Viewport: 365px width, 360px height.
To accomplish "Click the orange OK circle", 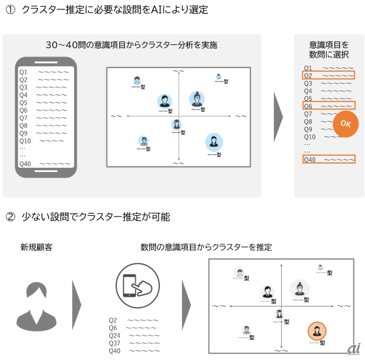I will [345, 124].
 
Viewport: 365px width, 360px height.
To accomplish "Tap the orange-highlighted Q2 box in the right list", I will [328, 76].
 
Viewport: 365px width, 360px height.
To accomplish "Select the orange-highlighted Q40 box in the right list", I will [328, 160].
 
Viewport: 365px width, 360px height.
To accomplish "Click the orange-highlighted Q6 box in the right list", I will [328, 106].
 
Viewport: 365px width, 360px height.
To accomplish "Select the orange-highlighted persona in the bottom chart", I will [316, 331].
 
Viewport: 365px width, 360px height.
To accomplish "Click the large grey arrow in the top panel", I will [277, 116].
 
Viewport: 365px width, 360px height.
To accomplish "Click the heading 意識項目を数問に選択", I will [328, 49].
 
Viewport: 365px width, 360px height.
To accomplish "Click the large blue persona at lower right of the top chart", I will [214, 142].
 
